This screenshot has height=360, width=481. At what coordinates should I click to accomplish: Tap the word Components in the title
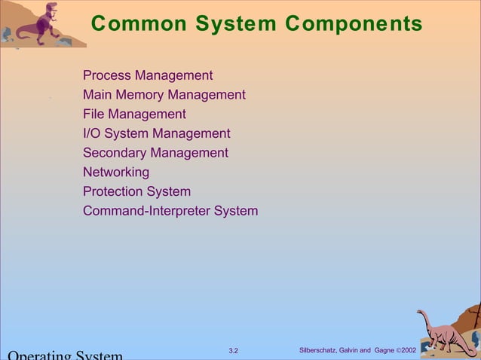point(354,24)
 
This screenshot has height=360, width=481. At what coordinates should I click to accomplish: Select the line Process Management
point(148,75)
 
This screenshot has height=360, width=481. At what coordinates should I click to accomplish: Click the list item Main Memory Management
point(164,95)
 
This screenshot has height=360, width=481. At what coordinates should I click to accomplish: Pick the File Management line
point(134,114)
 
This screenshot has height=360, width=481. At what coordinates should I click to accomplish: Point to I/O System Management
point(157,133)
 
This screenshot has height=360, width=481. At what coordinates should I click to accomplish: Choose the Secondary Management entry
point(155,153)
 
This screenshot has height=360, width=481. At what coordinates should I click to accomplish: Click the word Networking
point(116,172)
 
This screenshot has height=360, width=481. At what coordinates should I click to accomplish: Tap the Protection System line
point(136,191)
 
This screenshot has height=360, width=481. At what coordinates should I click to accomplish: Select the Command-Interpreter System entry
point(170,211)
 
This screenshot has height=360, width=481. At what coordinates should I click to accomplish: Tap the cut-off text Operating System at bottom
point(65,355)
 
